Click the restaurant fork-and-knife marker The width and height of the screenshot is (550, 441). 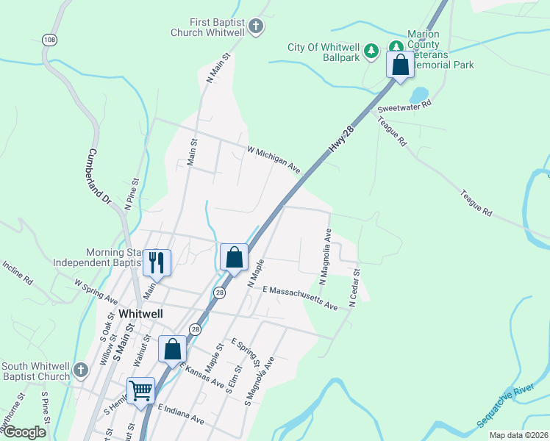[x=157, y=262]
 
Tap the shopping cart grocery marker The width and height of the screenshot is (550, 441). [x=140, y=390]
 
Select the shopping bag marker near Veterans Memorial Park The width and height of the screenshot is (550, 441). [x=400, y=65]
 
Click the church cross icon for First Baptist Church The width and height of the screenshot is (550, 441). [x=256, y=28]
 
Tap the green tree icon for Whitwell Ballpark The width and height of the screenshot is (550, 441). [x=372, y=50]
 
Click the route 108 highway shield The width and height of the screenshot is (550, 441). [x=49, y=39]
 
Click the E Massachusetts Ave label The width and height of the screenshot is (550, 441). [x=299, y=297]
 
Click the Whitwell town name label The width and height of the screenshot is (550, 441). [x=140, y=313]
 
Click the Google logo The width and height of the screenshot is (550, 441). [x=24, y=432]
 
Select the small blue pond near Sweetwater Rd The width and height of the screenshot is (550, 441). [x=418, y=96]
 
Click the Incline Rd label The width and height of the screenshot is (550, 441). [x=18, y=272]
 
